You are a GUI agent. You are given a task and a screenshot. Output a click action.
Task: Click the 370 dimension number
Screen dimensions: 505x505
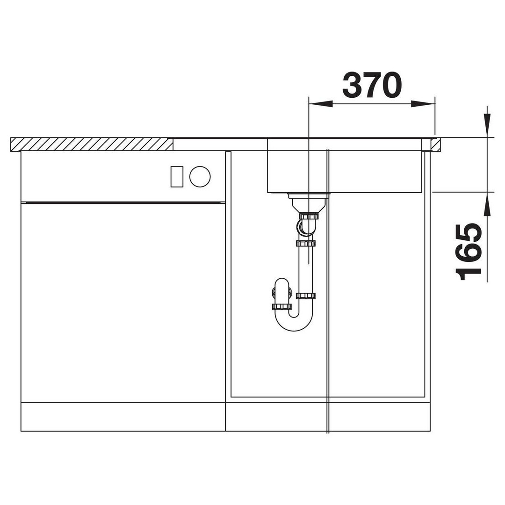click(x=372, y=85)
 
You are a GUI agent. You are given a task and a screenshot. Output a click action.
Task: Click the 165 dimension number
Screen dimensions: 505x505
click(x=468, y=252)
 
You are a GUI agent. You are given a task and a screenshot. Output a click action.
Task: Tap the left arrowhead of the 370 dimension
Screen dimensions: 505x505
click(x=320, y=104)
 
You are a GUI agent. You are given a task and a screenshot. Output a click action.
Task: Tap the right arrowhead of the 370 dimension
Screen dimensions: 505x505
click(x=423, y=104)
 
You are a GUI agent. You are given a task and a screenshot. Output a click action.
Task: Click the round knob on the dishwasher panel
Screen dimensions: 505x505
click(x=200, y=176)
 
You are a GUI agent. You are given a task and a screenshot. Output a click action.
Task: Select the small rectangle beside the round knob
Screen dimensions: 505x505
click(x=177, y=176)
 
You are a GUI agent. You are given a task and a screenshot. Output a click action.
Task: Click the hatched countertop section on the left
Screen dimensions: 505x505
click(x=92, y=144)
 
